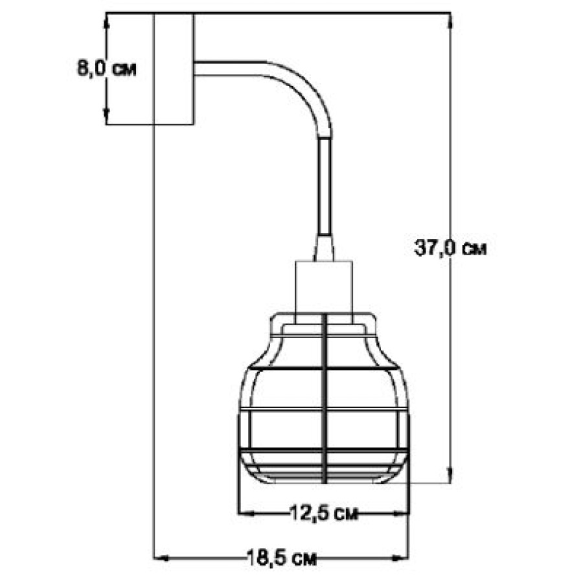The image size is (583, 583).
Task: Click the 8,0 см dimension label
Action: pos(107,69)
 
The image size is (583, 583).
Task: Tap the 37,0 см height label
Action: pos(450,247)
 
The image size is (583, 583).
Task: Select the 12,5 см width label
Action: pos(323,514)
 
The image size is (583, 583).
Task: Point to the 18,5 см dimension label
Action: pos(282,558)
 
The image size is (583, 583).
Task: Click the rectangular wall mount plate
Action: pos(174,69)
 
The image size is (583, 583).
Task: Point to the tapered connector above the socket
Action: pos(324,248)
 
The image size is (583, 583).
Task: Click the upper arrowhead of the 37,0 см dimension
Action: pos(451,21)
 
